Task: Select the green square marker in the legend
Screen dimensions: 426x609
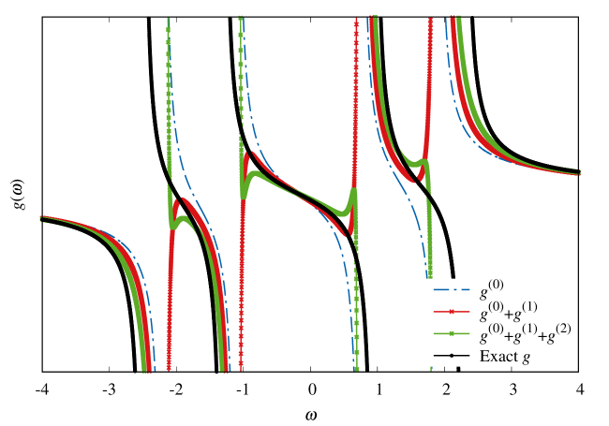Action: pos(451,333)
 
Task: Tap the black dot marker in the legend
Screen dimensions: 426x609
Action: pos(451,355)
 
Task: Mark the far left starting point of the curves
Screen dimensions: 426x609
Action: pos(41,218)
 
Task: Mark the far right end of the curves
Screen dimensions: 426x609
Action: pos(580,172)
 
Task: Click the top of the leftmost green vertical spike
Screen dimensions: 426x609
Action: pos(169,21)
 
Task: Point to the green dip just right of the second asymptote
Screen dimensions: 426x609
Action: pos(245,192)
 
